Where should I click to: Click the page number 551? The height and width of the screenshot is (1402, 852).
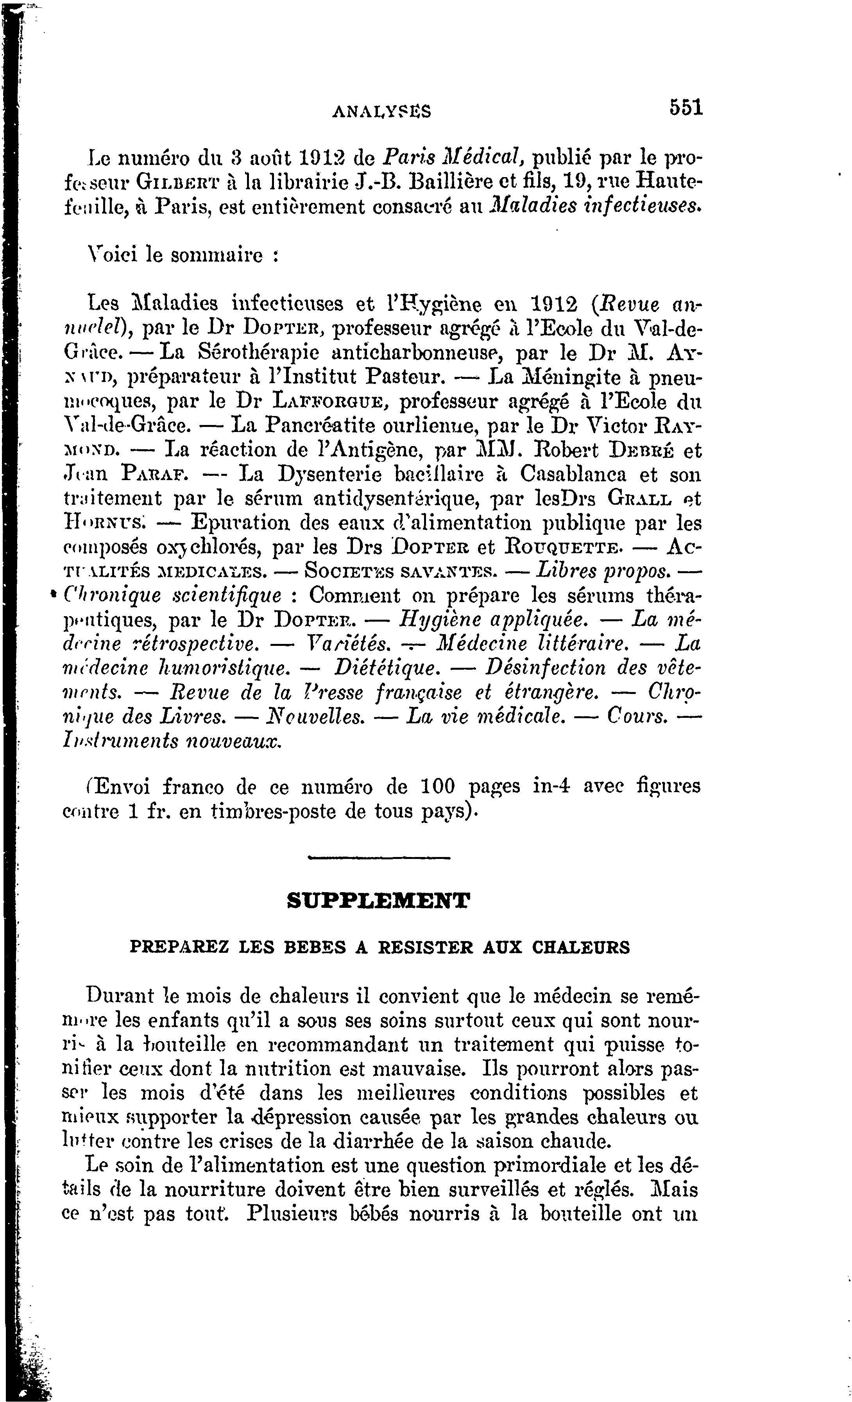pyautogui.click(x=686, y=108)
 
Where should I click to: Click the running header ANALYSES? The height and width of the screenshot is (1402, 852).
pyautogui.click(x=381, y=111)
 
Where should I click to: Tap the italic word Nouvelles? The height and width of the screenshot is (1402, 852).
pyautogui.click(x=316, y=716)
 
